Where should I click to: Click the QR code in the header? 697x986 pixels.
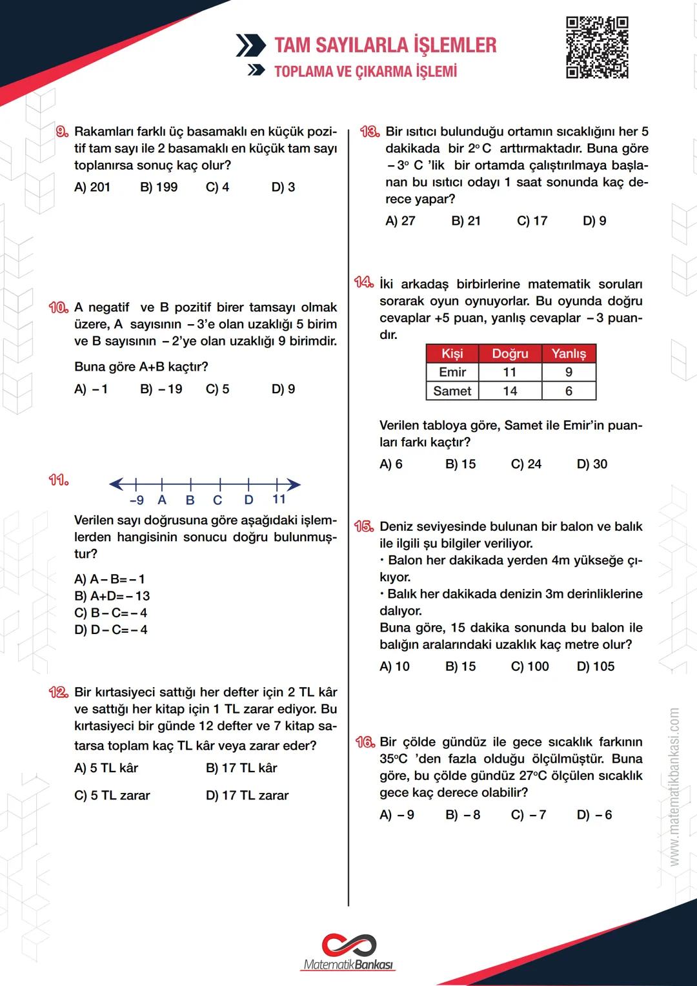click(x=597, y=48)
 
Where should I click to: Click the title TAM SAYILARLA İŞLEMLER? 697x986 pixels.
click(x=385, y=45)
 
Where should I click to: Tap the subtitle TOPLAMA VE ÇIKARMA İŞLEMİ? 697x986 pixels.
click(x=365, y=71)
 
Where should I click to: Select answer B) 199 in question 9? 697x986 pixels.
click(x=159, y=187)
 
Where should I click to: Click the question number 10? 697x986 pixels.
click(x=59, y=307)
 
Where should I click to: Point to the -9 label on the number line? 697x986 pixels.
click(x=136, y=500)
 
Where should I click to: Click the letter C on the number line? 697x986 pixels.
click(x=217, y=500)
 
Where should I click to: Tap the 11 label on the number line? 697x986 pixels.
click(x=279, y=499)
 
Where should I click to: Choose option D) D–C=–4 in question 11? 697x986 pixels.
click(x=111, y=630)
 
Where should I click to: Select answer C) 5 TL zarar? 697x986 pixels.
click(x=112, y=796)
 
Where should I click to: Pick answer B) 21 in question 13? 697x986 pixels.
click(x=466, y=221)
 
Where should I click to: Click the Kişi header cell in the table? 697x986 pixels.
click(x=452, y=354)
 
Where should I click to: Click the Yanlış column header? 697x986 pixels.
click(x=569, y=354)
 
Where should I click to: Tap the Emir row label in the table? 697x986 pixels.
click(x=452, y=373)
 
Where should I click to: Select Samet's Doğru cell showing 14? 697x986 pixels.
click(x=510, y=391)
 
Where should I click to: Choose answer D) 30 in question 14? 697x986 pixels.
click(x=592, y=464)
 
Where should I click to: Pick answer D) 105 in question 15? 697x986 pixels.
click(x=595, y=666)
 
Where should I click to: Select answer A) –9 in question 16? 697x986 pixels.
click(x=397, y=815)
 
